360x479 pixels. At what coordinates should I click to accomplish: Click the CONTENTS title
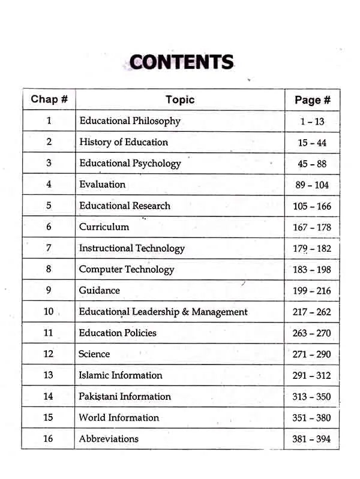[181, 62]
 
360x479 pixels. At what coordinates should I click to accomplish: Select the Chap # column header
[49, 99]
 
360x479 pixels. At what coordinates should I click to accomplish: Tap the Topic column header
[180, 100]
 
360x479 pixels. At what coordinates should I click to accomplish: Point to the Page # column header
[312, 100]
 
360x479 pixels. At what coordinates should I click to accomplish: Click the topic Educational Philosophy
[130, 121]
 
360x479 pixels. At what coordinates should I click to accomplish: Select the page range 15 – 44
[312, 143]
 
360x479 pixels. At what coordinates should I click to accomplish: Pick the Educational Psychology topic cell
[130, 163]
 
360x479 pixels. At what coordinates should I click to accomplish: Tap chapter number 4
[49, 185]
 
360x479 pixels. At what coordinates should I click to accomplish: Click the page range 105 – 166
[312, 206]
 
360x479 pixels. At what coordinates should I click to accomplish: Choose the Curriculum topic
[104, 227]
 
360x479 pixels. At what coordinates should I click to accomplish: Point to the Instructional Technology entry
[132, 248]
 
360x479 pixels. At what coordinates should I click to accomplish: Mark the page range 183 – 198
[312, 270]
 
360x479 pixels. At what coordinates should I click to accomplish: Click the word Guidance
[100, 290]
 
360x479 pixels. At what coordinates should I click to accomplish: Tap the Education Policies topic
[118, 333]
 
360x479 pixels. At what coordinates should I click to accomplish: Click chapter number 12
[49, 354]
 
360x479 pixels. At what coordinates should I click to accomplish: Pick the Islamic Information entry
[121, 375]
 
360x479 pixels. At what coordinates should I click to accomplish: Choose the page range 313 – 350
[312, 397]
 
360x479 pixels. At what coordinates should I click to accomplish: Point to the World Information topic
[119, 417]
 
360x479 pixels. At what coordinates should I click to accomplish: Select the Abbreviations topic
[109, 439]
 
